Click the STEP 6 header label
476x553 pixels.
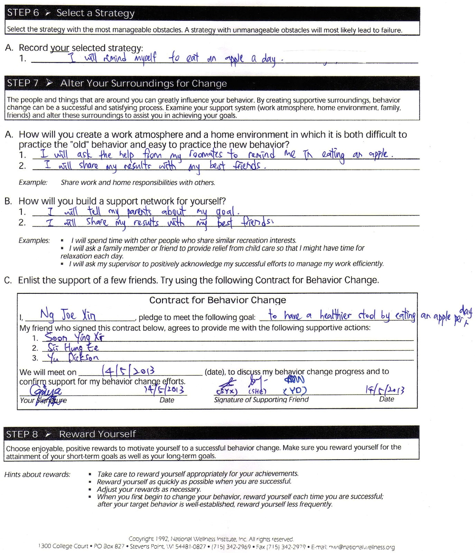click(23, 13)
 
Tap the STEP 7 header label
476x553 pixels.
click(23, 83)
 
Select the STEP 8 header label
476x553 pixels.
click(22, 434)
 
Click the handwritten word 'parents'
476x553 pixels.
click(139, 212)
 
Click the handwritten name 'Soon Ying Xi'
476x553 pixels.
click(74, 337)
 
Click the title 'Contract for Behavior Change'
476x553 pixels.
click(217, 300)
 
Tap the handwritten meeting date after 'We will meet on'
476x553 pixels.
click(128, 371)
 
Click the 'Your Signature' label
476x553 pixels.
click(43, 400)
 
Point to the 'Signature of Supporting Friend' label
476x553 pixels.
click(261, 400)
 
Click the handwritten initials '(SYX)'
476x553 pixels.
click(227, 391)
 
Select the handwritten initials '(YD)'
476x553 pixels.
click(295, 391)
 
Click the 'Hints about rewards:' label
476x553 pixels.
click(37, 475)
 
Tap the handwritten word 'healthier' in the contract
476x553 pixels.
click(335, 315)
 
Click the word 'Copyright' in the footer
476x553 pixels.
click(141, 539)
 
